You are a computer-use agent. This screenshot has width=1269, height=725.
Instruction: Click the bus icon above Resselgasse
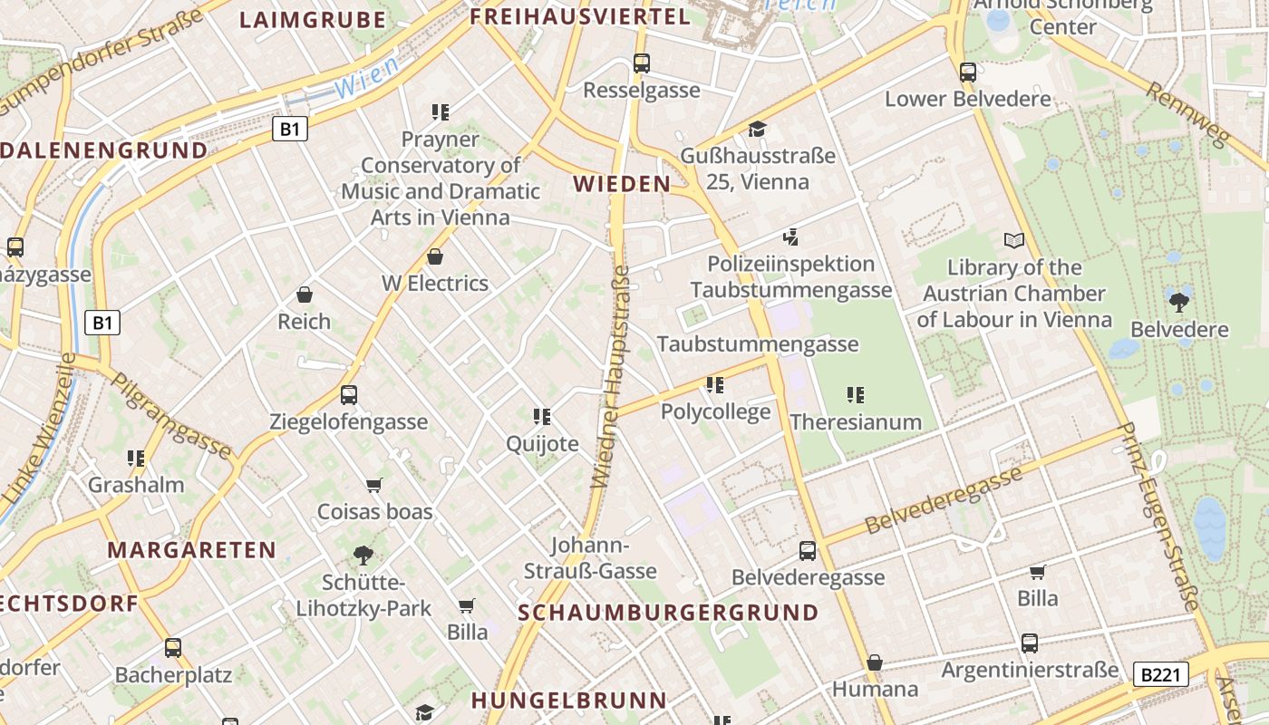point(642,63)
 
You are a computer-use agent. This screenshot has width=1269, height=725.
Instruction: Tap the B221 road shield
point(1160,674)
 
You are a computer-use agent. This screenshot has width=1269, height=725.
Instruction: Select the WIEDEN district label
point(622,184)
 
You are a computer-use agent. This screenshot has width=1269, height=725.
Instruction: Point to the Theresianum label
point(856,422)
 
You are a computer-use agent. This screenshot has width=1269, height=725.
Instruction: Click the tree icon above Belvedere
point(1179,303)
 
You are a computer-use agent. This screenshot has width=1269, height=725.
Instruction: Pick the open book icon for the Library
point(1014,241)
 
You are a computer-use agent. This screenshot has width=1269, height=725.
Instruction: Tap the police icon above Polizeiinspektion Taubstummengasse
point(790,237)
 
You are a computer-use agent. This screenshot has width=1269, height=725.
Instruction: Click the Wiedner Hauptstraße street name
point(611,376)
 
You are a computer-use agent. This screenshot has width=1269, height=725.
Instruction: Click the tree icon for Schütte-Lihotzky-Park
point(363,555)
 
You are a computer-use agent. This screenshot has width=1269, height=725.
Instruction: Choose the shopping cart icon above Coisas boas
point(373,485)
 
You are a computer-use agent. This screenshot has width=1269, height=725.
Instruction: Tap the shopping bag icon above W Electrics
point(435,256)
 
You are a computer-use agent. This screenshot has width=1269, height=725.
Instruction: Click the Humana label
point(875,689)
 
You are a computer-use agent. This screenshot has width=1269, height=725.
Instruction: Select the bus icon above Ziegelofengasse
point(349,395)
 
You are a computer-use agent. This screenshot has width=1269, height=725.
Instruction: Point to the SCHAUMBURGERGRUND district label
point(668,613)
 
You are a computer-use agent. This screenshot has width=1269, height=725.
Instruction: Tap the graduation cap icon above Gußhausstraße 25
point(757,130)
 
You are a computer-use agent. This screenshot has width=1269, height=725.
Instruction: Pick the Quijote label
point(542,444)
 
